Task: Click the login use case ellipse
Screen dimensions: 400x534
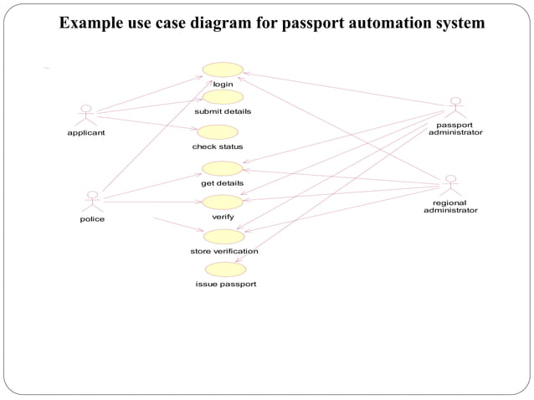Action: (x=223, y=69)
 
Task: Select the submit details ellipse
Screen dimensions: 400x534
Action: (x=223, y=97)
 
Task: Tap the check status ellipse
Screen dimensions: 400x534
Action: (x=217, y=132)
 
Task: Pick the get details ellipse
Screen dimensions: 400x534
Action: (x=222, y=168)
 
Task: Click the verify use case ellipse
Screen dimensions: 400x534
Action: (x=223, y=203)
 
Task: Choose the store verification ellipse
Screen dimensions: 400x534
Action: (x=223, y=236)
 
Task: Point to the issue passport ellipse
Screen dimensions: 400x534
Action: (x=225, y=269)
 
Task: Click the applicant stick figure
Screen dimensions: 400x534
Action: (x=85, y=115)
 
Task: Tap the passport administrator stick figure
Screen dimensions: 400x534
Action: (x=455, y=107)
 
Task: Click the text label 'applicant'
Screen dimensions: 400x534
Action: (x=86, y=132)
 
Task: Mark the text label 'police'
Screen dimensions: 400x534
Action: (x=92, y=219)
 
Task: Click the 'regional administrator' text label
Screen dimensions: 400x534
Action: (x=450, y=207)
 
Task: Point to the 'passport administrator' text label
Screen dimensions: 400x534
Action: (x=455, y=129)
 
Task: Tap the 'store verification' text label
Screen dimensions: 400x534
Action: (x=223, y=251)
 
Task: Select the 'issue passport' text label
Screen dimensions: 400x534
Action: (x=226, y=285)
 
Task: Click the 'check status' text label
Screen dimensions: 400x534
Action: (x=218, y=147)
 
